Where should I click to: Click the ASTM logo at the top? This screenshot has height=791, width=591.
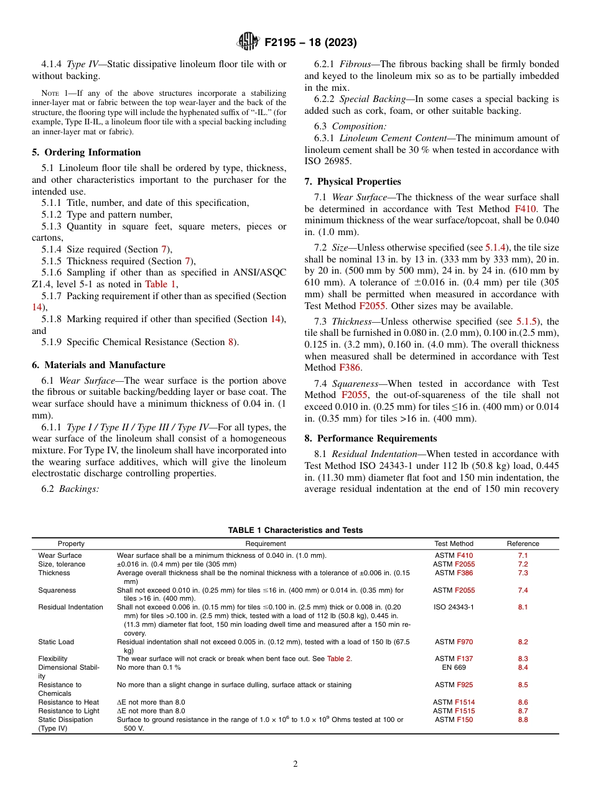click(x=248, y=42)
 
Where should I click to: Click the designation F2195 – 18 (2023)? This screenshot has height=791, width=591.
click(x=310, y=43)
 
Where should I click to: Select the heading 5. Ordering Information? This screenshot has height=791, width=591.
click(x=86, y=152)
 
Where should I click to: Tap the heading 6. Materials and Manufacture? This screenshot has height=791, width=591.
click(x=98, y=365)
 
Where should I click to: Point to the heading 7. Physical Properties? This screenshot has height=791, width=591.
click(x=353, y=182)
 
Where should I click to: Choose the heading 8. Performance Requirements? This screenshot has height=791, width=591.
click(x=371, y=438)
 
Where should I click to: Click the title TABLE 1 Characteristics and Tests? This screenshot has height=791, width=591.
click(x=295, y=530)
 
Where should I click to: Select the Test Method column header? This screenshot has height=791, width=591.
click(x=454, y=544)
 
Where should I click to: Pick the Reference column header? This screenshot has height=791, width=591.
click(x=523, y=544)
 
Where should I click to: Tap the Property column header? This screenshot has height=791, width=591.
click(x=71, y=544)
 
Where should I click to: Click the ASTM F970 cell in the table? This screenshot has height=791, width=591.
click(x=454, y=642)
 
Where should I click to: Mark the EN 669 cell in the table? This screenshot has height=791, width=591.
click(x=454, y=667)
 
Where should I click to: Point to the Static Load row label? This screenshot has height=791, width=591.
click(x=56, y=642)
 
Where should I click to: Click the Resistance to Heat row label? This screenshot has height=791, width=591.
click(x=68, y=702)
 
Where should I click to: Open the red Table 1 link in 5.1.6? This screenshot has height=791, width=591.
click(x=161, y=284)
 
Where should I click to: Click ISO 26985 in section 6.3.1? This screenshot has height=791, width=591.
click(x=328, y=161)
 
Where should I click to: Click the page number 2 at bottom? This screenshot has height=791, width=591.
click(x=295, y=764)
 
